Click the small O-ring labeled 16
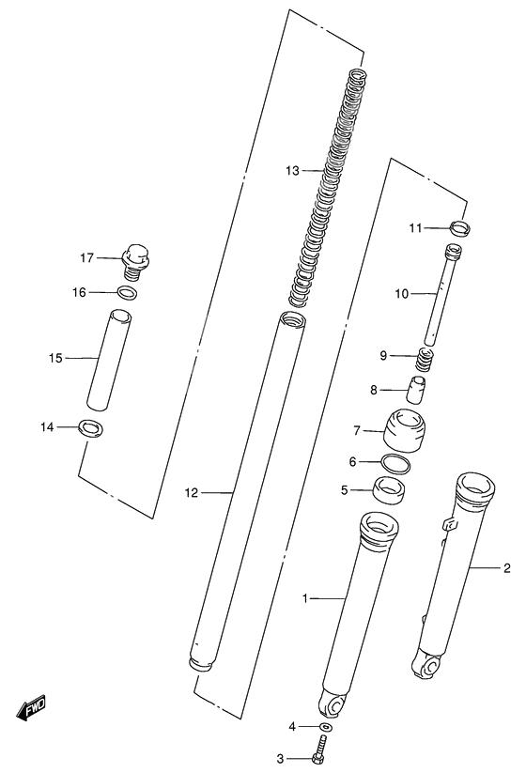pyautogui.click(x=130, y=293)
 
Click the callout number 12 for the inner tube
pyautogui.click(x=192, y=491)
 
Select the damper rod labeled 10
pyautogui.click(x=440, y=295)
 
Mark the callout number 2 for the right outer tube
pyautogui.click(x=507, y=567)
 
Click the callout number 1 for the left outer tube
pyautogui.click(x=304, y=597)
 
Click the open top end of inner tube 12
pyautogui.click(x=290, y=321)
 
